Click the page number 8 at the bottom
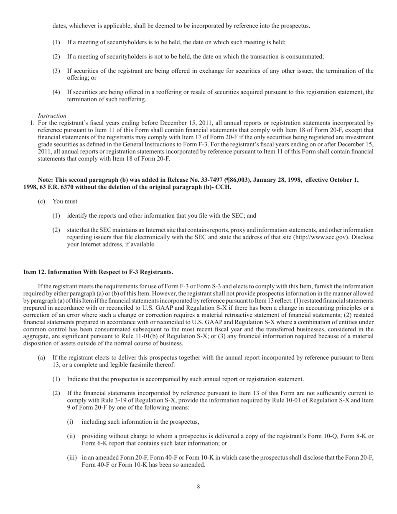click(198, 486)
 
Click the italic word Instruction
click(52, 116)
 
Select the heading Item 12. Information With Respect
click(98, 272)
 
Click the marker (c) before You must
click(41, 201)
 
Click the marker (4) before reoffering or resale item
click(56, 92)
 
